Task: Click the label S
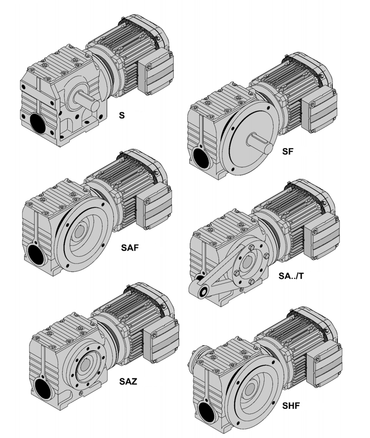coord(122,115)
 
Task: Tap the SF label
coord(288,151)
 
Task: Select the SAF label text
coord(130,247)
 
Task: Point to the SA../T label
coord(291,276)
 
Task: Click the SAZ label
coord(129,381)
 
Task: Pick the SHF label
coord(291,405)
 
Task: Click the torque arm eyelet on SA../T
coord(203,291)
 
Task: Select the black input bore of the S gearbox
coord(38,124)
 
